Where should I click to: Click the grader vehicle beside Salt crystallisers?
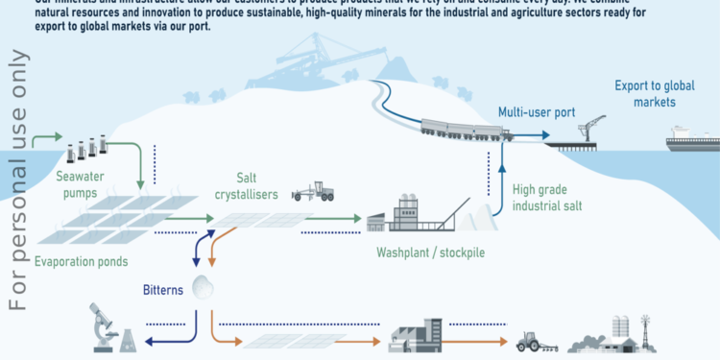click(x=313, y=190)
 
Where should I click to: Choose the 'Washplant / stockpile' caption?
click(x=423, y=254)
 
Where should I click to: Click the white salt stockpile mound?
click(x=479, y=220)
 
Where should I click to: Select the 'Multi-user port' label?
click(x=536, y=112)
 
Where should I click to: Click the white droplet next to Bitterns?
click(x=204, y=285)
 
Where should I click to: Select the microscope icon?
click(x=100, y=327)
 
